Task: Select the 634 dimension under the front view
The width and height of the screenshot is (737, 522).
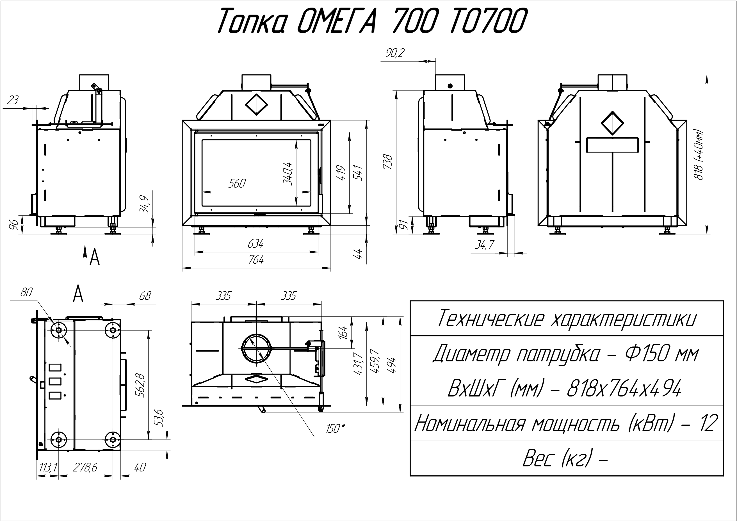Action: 255,244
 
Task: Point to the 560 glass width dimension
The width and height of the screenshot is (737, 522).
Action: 237,184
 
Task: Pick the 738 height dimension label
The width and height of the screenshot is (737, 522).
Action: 388,162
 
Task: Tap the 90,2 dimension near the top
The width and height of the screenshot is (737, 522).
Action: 395,53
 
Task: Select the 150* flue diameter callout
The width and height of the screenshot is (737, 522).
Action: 335,428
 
